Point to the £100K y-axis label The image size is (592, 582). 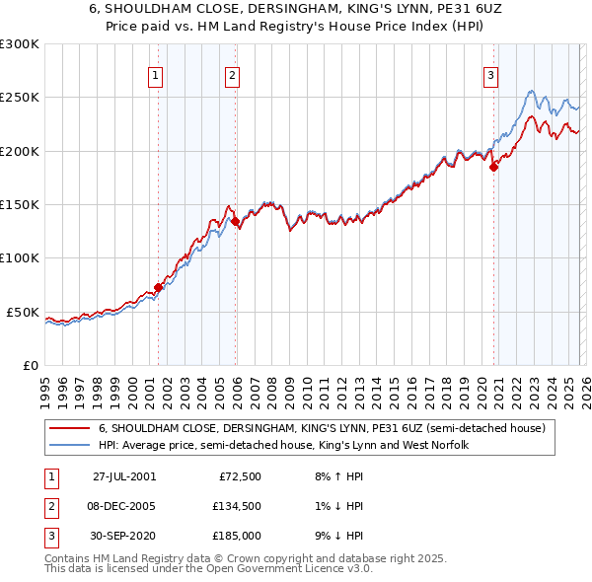20,258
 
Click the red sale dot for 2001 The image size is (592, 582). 158,288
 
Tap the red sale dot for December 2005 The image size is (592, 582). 235,222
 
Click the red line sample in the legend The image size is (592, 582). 69,429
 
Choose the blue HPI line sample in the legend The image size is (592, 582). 69,446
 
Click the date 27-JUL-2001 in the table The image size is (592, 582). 123,476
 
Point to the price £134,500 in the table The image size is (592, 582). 238,506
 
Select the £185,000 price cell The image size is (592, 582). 238,536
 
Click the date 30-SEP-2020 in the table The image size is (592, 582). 123,536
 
